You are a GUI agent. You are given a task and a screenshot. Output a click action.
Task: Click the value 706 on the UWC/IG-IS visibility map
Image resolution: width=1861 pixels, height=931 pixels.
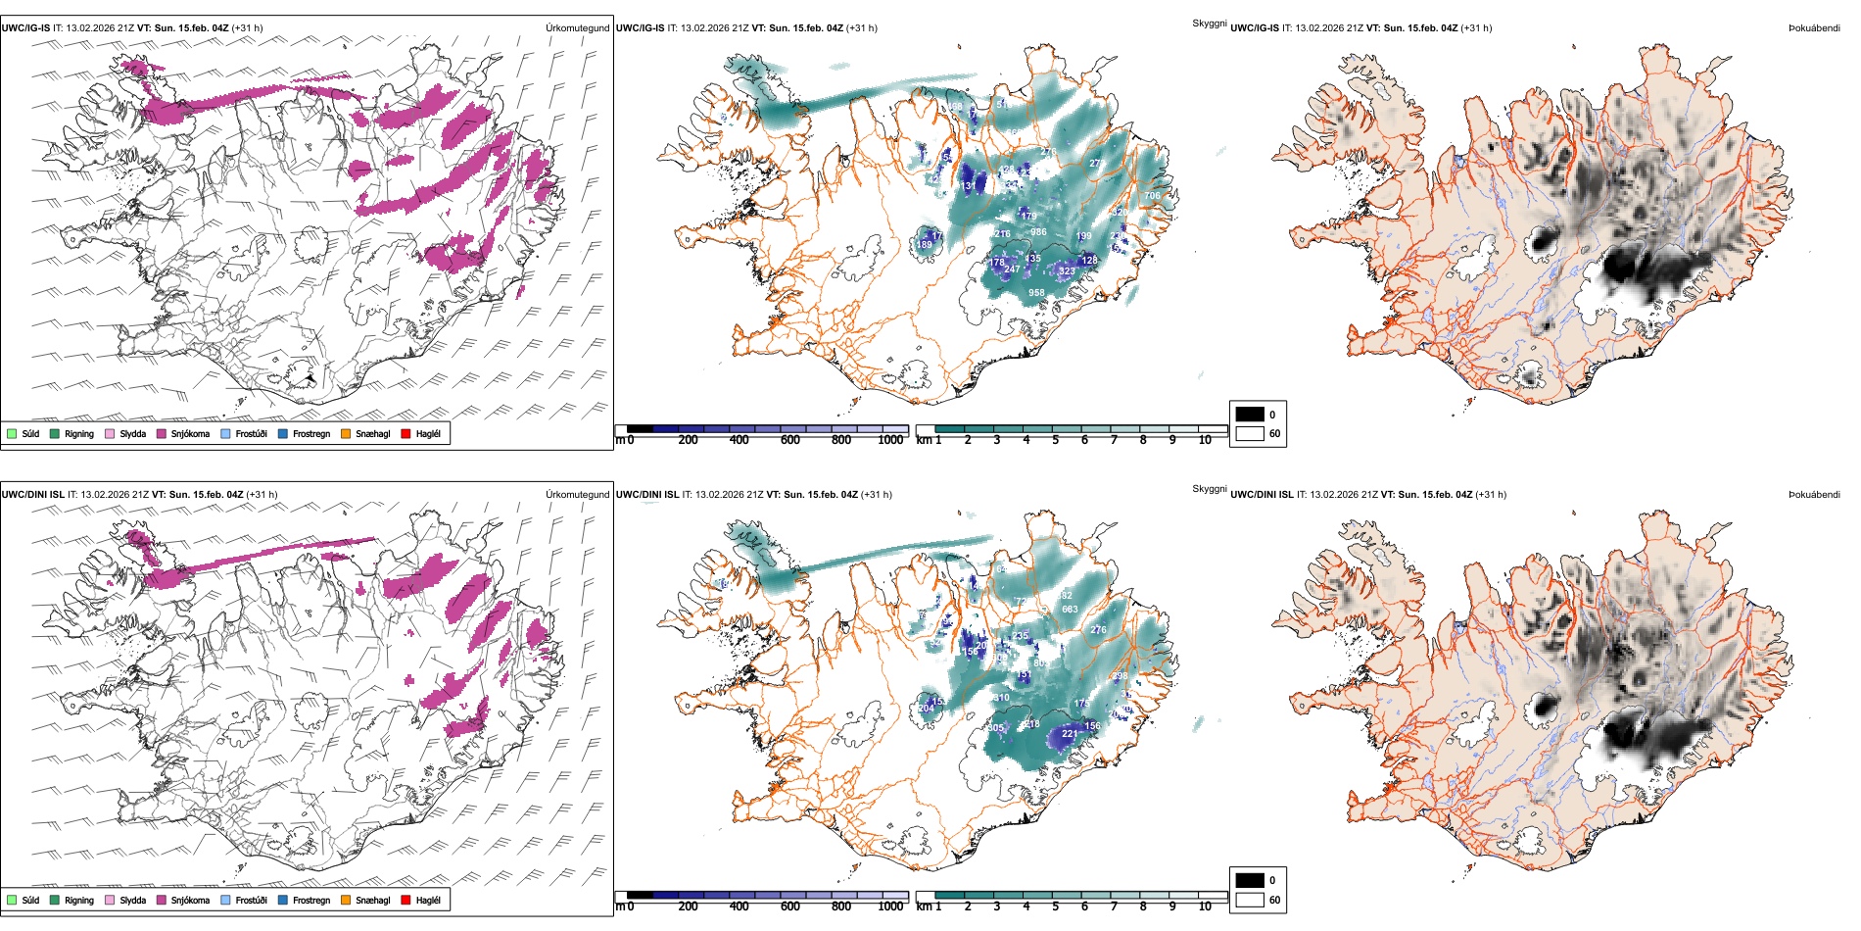pos(1152,196)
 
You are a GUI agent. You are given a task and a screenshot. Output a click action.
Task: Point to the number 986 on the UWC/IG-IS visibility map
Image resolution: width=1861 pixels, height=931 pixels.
pos(1038,232)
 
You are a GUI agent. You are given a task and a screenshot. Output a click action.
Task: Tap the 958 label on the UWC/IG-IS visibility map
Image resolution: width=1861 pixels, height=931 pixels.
pos(1036,293)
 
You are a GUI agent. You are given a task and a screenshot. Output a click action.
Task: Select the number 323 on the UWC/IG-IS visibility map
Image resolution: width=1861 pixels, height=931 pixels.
pos(1067,270)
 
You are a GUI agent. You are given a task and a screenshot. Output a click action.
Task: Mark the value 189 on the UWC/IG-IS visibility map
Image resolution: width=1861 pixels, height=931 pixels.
pos(925,245)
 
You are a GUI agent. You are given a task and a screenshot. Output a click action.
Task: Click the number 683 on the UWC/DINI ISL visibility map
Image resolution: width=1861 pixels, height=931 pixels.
pos(1070,610)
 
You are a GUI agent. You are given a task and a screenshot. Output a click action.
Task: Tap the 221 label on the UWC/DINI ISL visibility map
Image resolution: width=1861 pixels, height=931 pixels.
pos(1070,733)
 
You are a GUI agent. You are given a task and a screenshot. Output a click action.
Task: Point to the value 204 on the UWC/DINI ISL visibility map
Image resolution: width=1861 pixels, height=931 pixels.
pos(926,709)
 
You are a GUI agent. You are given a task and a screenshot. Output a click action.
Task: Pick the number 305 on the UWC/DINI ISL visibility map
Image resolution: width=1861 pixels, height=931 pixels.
pos(996,728)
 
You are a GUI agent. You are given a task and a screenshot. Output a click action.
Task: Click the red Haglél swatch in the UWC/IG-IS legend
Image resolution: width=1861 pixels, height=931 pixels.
pos(406,433)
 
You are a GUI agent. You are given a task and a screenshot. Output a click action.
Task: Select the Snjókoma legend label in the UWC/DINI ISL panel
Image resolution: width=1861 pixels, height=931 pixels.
pos(190,900)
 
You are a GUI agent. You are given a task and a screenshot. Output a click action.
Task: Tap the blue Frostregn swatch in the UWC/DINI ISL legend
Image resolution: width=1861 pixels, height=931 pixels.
pos(283,900)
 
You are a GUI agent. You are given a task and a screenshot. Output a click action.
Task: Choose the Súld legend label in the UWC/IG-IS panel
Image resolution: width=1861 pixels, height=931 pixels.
pos(30,433)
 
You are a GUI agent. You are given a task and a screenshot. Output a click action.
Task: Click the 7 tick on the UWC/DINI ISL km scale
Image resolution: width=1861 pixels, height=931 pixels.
pos(1114,906)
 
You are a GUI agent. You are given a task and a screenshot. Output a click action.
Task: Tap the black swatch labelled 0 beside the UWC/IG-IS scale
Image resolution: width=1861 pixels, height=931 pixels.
pos(1250,415)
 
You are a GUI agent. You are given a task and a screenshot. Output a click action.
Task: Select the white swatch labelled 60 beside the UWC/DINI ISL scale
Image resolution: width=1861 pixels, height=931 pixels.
pos(1250,900)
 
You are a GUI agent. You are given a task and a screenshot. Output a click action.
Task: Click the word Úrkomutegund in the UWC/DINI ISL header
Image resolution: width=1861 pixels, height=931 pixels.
pos(577,494)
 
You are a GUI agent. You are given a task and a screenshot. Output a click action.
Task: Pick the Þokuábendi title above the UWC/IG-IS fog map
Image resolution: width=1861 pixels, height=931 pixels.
pos(1814,28)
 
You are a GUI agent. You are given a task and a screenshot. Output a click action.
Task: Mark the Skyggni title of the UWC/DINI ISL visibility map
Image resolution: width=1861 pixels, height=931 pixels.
pos(1209,488)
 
